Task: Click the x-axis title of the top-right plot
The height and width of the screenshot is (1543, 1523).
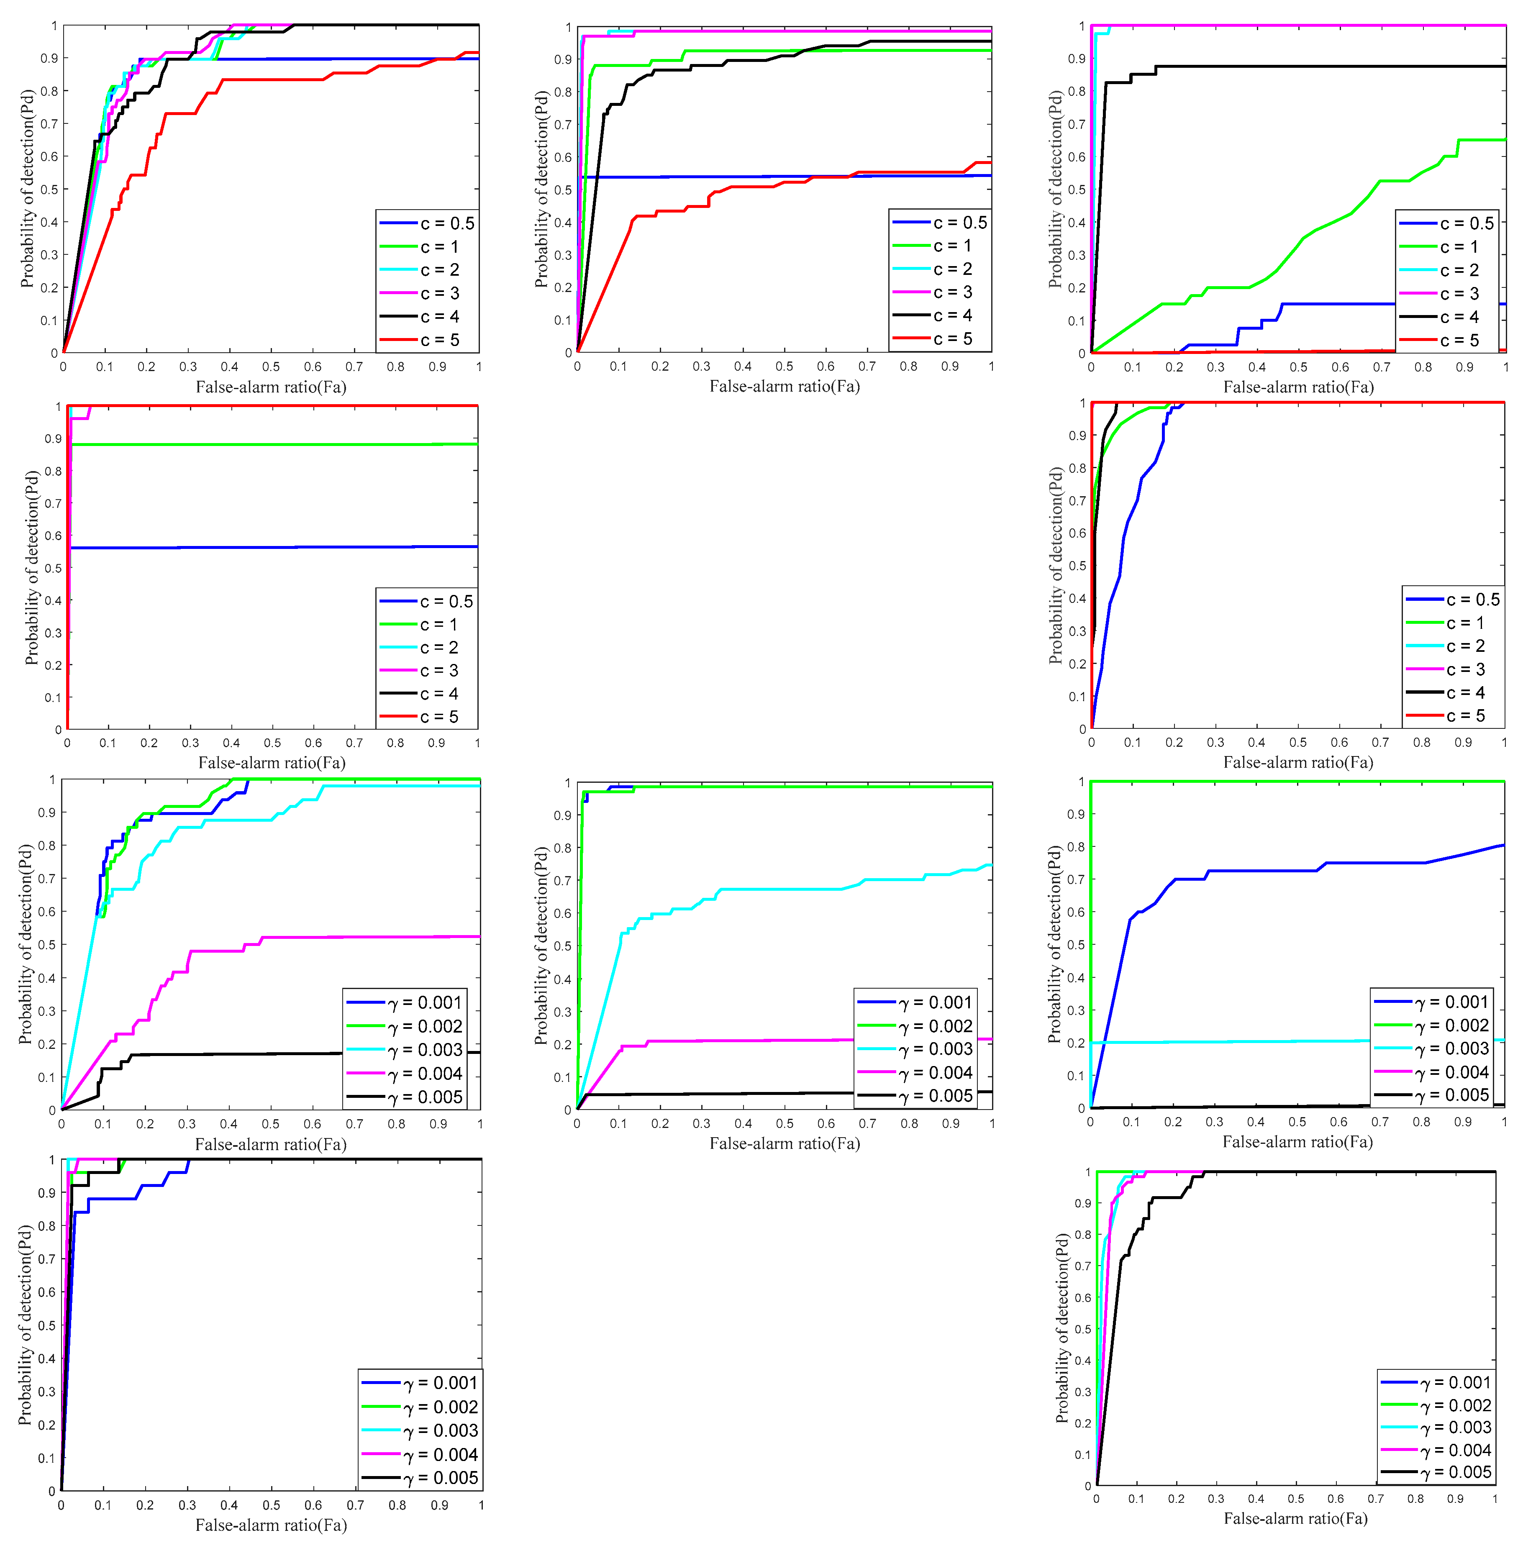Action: click(x=1298, y=387)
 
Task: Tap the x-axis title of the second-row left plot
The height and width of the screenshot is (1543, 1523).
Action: click(x=272, y=763)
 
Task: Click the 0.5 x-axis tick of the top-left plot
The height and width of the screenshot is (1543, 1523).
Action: click(x=271, y=367)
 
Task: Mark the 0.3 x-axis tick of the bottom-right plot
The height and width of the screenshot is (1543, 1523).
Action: click(x=1215, y=1499)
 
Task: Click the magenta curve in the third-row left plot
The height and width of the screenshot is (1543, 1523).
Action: click(x=240, y=951)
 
